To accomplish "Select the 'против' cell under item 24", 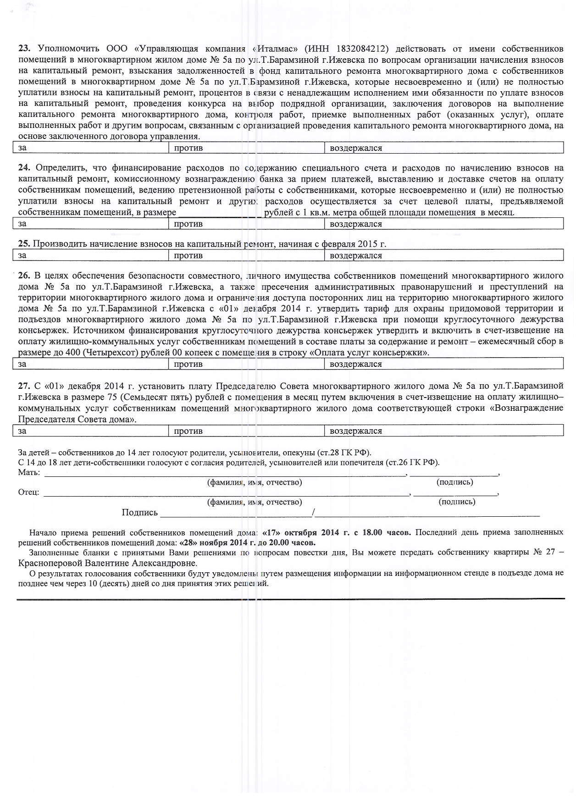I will point(247,224).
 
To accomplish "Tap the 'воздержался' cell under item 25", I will point(444,255).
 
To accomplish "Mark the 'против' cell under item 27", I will point(247,431).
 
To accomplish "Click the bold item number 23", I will point(24,49).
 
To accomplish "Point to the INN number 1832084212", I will point(363,49).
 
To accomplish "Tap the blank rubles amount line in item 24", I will point(219,212).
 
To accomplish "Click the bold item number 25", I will point(24,244).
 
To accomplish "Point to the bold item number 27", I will point(24,386).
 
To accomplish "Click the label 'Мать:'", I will point(29,472).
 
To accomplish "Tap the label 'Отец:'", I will point(28,492).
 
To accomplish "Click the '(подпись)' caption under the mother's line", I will point(454,482).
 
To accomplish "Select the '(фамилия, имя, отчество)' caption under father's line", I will point(255,502).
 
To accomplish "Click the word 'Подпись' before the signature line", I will point(139,513).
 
